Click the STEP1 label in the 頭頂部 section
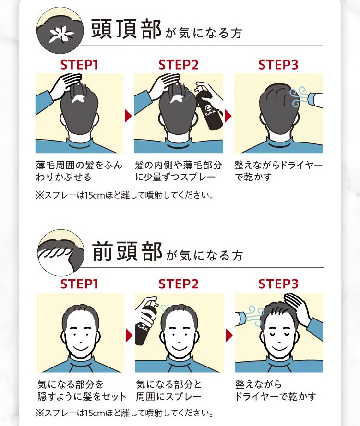[79, 65]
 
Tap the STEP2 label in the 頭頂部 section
[179, 65]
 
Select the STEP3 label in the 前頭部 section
[278, 284]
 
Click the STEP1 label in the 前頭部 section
[79, 284]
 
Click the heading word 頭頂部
[126, 29]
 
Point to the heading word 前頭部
[127, 251]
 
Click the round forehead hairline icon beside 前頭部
[61, 253]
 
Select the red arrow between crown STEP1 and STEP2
[128, 116]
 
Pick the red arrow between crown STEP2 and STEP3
[228, 116]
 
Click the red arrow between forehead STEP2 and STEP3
[229, 335]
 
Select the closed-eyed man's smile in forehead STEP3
[277, 347]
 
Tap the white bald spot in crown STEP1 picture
[79, 99]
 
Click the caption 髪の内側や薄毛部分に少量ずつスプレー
[178, 171]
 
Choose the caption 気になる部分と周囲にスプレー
[169, 390]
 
